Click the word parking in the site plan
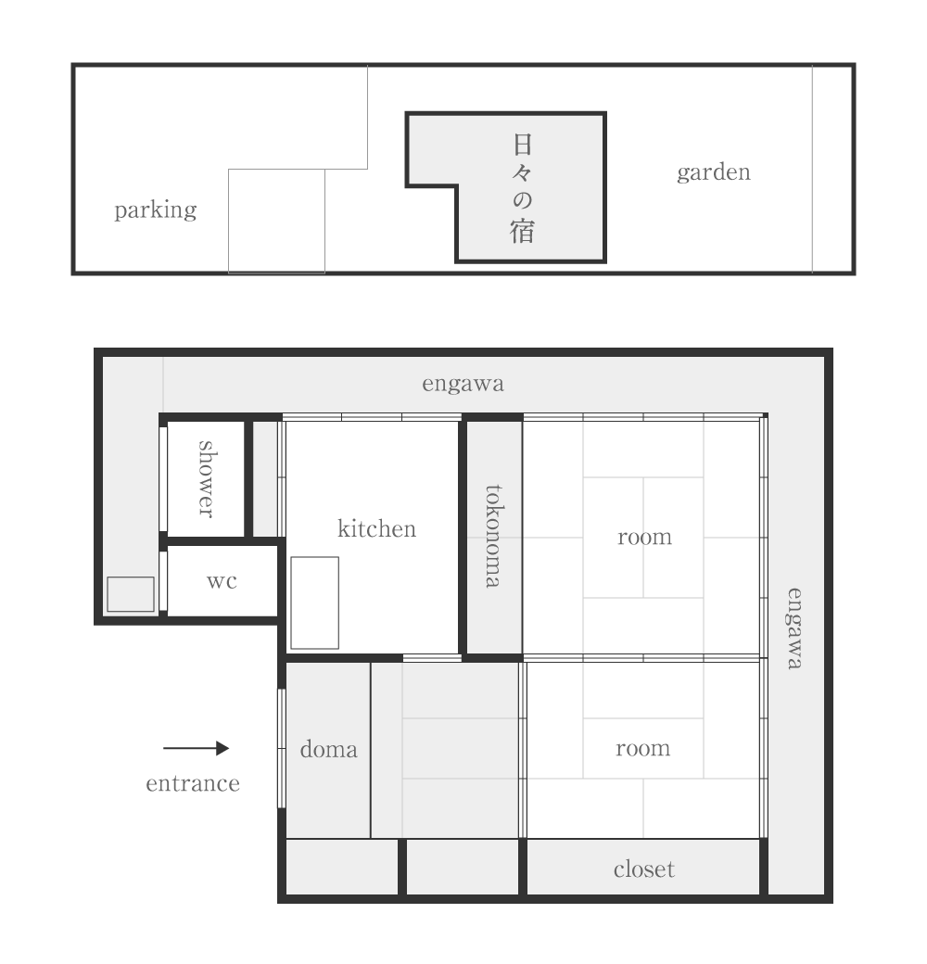tap(156, 210)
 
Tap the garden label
tap(714, 171)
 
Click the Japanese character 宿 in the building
tap(522, 231)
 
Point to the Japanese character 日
tap(522, 145)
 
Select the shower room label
tap(207, 479)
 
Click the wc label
tap(222, 581)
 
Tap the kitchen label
tap(376, 528)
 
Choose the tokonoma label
tap(494, 536)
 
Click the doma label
tap(329, 750)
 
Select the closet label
tap(643, 869)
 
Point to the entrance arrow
tap(197, 748)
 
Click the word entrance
tap(193, 783)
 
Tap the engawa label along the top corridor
tap(463, 384)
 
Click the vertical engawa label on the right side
tap(794, 628)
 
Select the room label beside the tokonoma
tap(645, 537)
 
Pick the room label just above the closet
tap(643, 748)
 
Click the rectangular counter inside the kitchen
tap(315, 602)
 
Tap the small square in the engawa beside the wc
tap(131, 594)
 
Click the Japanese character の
tap(522, 200)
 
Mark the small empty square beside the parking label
tap(276, 221)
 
